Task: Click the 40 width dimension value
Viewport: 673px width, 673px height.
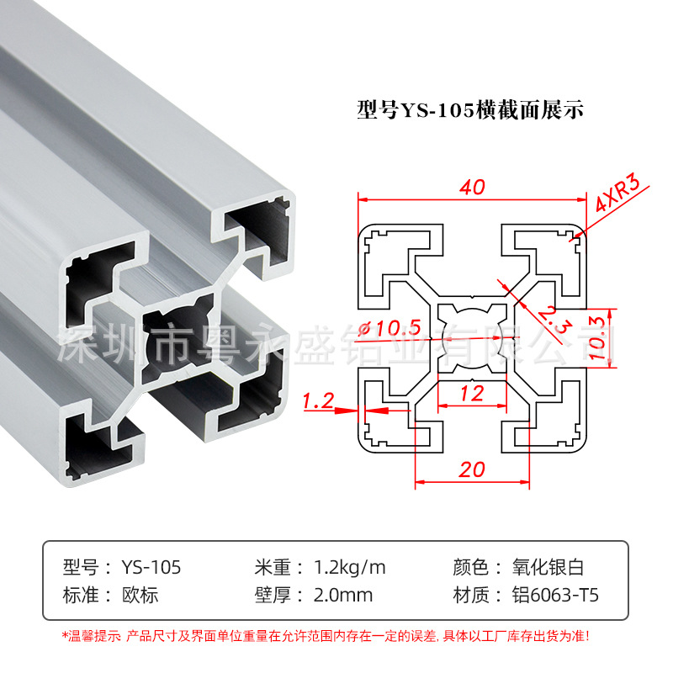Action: click(473, 188)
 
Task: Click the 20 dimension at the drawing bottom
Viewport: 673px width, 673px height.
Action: click(473, 469)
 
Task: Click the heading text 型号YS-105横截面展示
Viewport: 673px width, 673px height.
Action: click(470, 110)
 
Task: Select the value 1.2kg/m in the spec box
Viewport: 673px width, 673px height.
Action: click(349, 567)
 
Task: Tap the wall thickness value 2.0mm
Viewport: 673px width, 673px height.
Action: click(342, 596)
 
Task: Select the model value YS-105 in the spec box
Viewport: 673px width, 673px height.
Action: click(151, 567)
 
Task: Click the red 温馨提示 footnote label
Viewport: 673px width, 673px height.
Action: click(93, 635)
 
